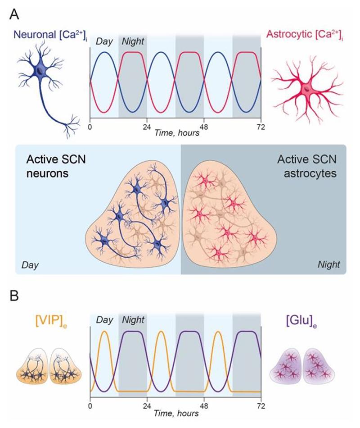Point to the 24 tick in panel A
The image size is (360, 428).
click(147, 127)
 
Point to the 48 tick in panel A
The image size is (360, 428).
click(204, 127)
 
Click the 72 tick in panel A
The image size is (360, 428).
click(261, 127)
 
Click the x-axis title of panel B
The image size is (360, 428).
click(175, 413)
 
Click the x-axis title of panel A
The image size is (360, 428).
click(175, 133)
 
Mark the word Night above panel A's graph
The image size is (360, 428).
click(133, 41)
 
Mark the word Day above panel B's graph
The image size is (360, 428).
click(104, 320)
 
